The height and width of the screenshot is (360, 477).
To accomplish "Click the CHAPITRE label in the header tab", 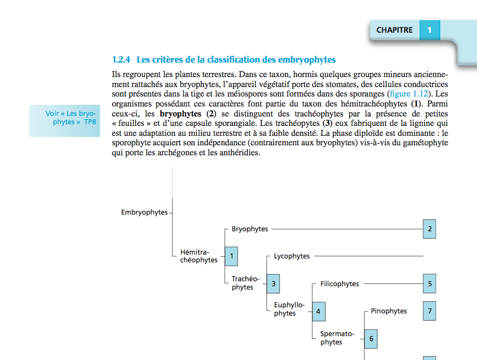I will pos(394,30).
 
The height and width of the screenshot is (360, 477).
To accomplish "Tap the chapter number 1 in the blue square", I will pos(429,30).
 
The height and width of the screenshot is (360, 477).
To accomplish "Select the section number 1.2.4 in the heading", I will pos(121,59).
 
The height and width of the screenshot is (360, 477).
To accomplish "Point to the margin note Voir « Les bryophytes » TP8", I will pos(70,118).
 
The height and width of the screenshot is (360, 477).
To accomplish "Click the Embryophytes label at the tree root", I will pos(144,212).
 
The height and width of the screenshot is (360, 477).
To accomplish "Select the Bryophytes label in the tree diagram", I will pos(250,229).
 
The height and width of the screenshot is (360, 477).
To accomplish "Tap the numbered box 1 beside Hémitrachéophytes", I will pos(231,256).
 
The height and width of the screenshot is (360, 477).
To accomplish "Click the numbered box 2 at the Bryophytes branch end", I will pos(429,229).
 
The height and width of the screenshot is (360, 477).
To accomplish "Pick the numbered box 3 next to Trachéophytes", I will pos(273,283).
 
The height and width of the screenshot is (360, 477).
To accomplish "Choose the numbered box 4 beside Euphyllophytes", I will pos(318,311).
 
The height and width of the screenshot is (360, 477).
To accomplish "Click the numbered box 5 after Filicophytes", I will pos(429,283).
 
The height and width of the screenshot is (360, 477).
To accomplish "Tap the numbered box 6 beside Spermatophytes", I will pos(371,338).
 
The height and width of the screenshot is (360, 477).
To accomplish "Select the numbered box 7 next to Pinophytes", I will pos(429,311).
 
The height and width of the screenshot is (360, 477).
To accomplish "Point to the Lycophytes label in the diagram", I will pos(292,256).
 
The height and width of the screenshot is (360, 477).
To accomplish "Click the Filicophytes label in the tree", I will pos(339,284).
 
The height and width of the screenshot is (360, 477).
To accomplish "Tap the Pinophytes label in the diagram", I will pos(389,311).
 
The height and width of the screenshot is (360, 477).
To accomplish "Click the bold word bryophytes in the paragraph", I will pos(180,113).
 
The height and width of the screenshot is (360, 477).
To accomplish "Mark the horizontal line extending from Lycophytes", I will pos(369,256).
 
